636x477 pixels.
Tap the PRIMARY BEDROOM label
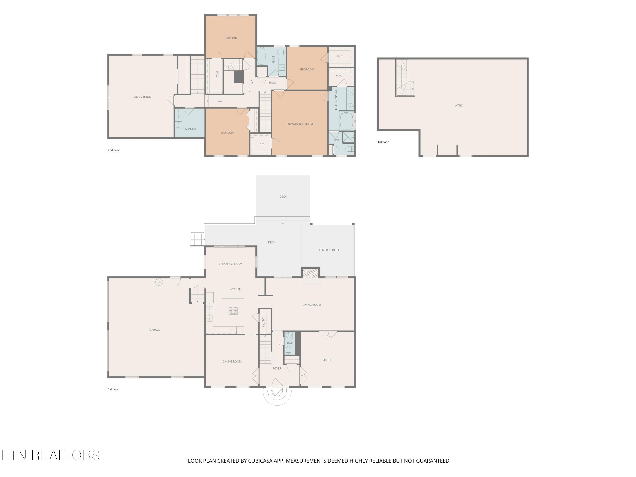click(x=300, y=124)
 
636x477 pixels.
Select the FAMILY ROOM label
click(x=142, y=97)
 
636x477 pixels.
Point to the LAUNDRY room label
click(x=190, y=129)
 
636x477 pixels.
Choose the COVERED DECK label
click(x=329, y=250)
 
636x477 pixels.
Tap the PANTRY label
click(x=263, y=322)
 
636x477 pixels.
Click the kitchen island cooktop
click(x=233, y=311)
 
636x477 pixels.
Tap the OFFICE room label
click(x=327, y=360)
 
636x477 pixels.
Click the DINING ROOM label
click(x=232, y=361)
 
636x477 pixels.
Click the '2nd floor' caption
click(x=114, y=150)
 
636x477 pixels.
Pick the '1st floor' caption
click(x=113, y=389)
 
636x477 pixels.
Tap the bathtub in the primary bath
click(x=346, y=121)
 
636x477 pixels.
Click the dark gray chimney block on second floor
click(x=238, y=77)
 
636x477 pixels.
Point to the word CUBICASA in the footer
click(x=261, y=461)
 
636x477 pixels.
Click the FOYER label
click(x=277, y=368)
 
